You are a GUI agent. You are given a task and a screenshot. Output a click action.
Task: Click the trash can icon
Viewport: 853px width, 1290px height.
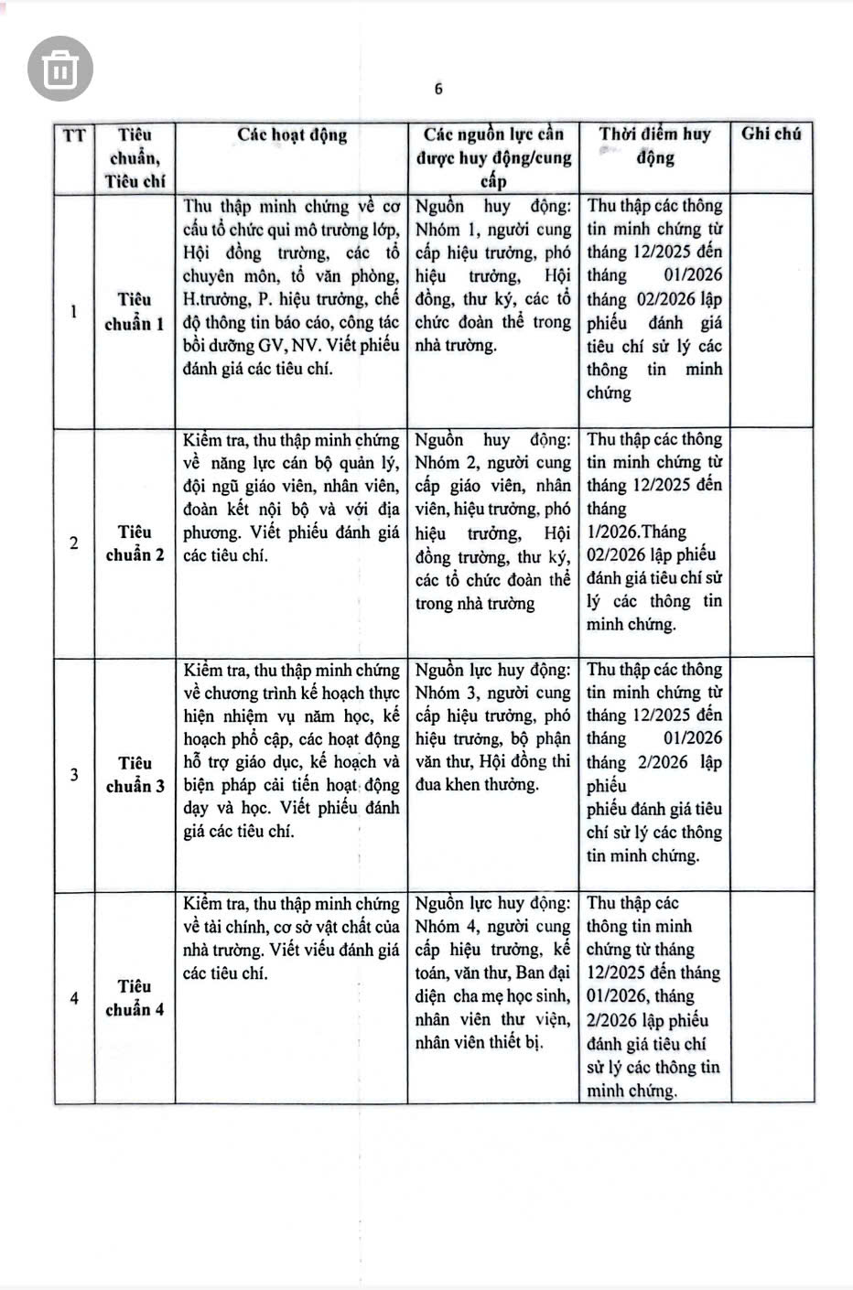point(60,69)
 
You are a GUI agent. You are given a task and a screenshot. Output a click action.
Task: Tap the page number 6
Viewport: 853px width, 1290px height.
point(438,89)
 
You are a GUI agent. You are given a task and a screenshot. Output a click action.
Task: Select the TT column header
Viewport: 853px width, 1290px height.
point(74,136)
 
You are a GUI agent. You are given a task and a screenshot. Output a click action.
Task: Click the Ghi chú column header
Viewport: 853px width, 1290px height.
point(771,134)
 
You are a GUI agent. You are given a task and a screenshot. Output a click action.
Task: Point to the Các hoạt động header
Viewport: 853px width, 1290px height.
point(292,135)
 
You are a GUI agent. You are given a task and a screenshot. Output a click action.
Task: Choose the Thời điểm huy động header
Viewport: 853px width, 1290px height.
point(654,145)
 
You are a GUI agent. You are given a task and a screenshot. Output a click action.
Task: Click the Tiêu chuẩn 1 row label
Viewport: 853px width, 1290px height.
point(135,311)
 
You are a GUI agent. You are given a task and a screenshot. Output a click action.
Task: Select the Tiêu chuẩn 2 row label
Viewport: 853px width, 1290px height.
point(135,543)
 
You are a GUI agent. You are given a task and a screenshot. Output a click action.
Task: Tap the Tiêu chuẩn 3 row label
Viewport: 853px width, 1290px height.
point(135,774)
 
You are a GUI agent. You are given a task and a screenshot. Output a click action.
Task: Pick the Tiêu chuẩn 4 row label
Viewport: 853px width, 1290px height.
point(135,998)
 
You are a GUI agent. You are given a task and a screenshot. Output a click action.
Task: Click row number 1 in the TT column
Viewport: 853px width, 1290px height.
point(74,311)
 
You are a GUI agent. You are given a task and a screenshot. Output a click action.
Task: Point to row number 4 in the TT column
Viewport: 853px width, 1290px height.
point(74,998)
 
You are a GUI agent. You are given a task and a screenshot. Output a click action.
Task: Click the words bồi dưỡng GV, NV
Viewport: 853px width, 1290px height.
point(249,346)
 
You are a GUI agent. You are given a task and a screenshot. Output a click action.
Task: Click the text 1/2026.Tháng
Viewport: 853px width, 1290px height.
point(636,532)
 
